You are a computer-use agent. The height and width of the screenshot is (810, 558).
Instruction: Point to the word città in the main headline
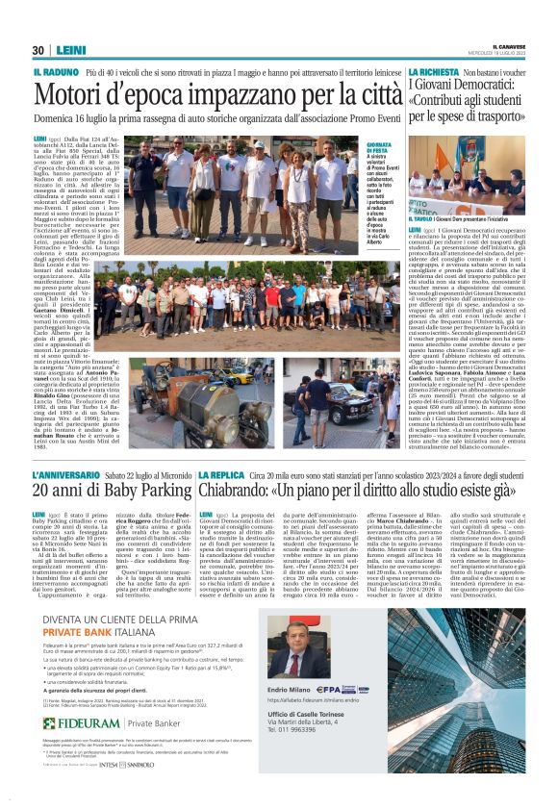point(369,95)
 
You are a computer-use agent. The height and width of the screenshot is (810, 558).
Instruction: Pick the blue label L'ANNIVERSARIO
point(65,475)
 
